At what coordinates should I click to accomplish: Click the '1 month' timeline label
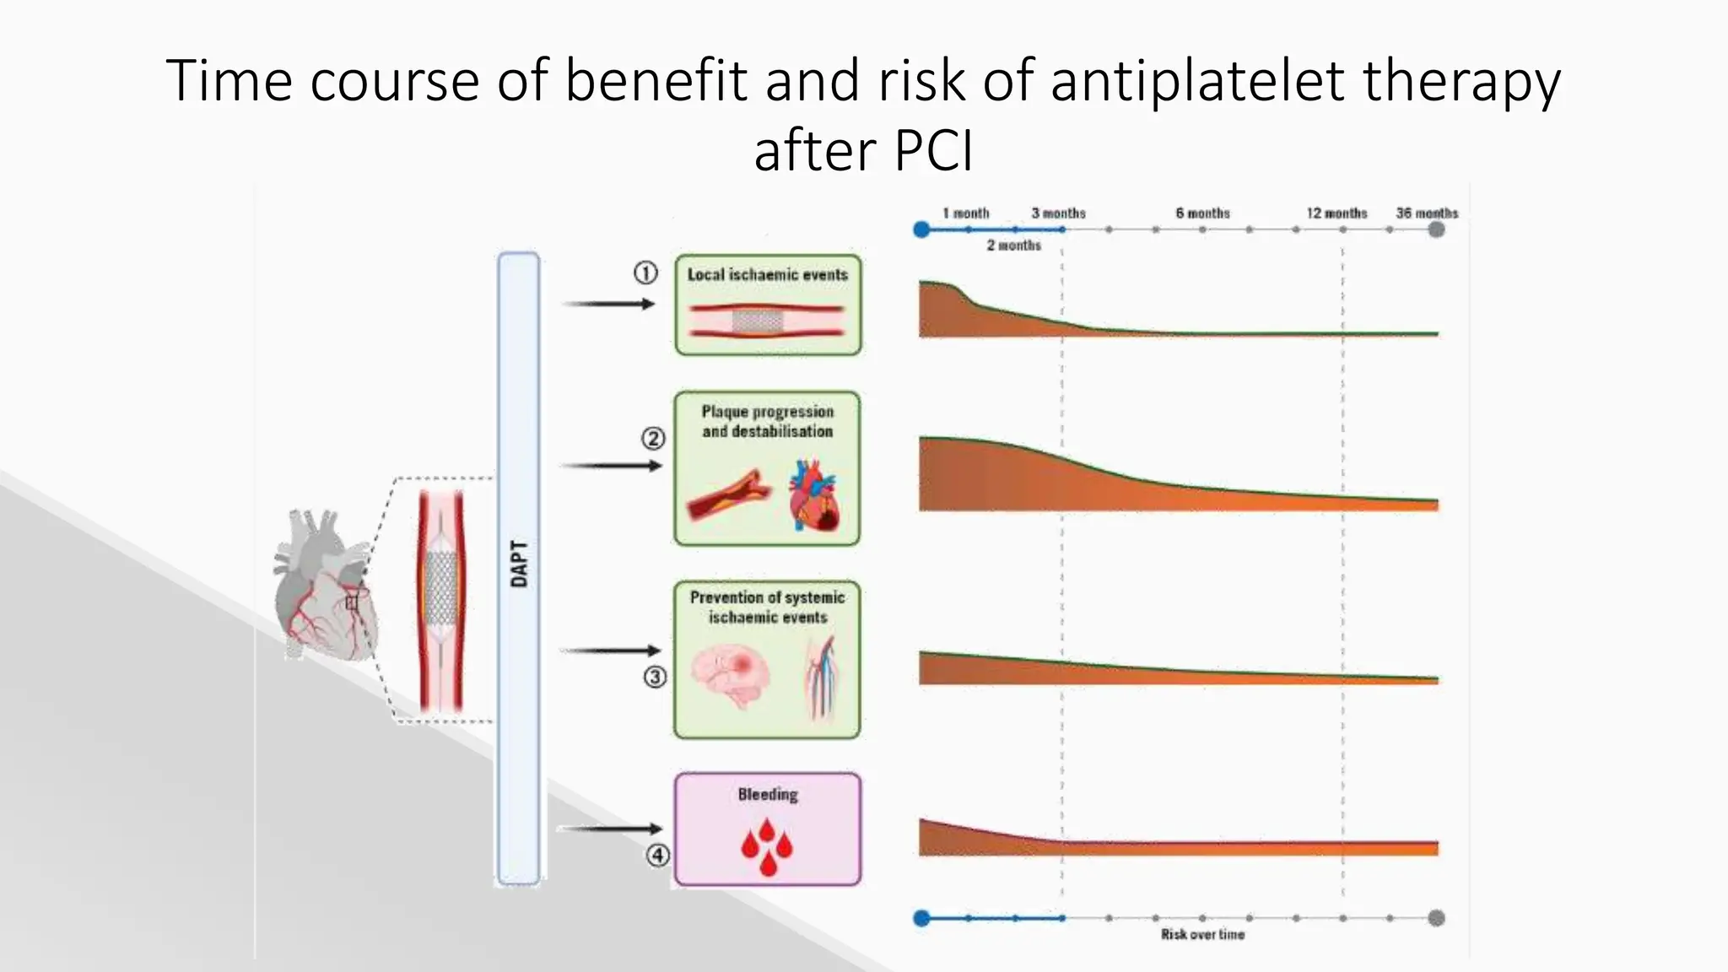965,213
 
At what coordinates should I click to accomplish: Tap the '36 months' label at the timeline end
1426,213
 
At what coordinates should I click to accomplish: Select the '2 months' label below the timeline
1013,246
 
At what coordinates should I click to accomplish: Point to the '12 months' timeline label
1336,213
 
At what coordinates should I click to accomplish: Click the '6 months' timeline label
1202,213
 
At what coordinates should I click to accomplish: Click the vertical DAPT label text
519,564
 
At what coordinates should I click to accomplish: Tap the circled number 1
645,273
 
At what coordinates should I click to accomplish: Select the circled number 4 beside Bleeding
658,856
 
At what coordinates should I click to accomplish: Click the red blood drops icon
767,845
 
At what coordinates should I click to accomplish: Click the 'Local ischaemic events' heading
767,275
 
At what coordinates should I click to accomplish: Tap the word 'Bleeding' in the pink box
767,795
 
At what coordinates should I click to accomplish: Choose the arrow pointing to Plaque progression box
612,466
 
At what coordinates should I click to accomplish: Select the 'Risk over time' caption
1202,935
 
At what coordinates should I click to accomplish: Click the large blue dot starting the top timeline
921,229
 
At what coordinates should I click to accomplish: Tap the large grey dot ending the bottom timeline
1436,918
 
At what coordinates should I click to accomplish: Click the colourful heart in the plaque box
813,495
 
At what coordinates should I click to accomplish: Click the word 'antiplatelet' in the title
1197,81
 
